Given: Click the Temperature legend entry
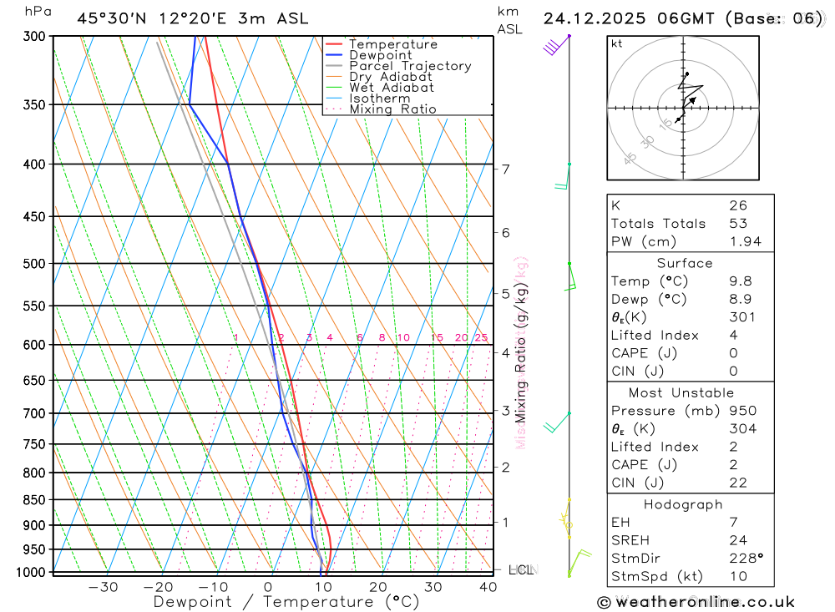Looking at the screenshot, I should [x=392, y=44].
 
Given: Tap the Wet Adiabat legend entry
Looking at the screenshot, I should [x=391, y=87].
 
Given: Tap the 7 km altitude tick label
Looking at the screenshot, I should [x=506, y=169].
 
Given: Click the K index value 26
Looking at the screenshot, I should [x=737, y=205].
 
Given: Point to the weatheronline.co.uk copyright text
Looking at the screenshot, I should [x=696, y=602].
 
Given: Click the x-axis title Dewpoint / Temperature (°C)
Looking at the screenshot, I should [x=286, y=601].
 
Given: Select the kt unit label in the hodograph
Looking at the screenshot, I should [x=616, y=43].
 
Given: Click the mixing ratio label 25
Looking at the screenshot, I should [x=481, y=337].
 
